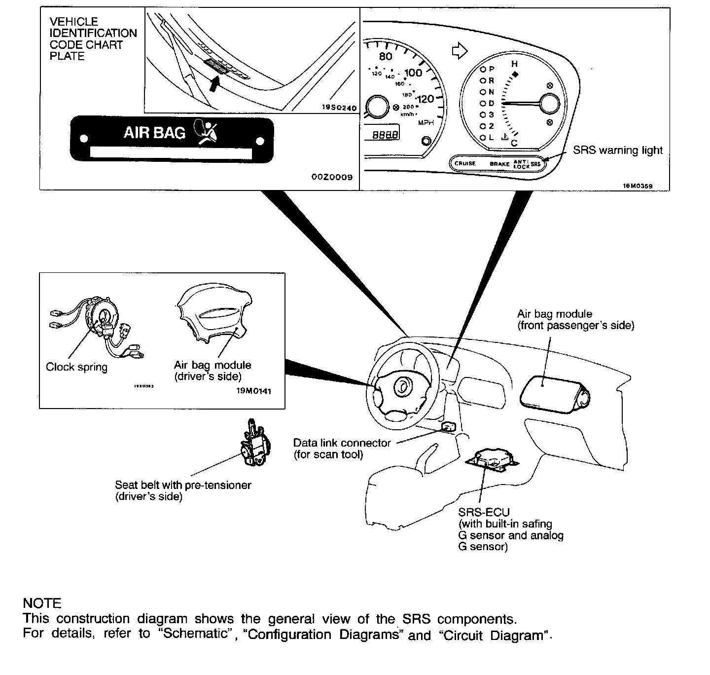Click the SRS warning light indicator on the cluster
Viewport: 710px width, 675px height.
click(x=536, y=163)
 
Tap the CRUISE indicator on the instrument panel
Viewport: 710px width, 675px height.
click(x=465, y=163)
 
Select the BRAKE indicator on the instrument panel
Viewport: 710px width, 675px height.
click(x=499, y=164)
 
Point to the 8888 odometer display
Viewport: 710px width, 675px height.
click(x=385, y=134)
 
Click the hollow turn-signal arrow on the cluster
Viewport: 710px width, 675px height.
click(x=459, y=50)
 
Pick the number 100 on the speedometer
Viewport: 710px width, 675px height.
click(x=413, y=73)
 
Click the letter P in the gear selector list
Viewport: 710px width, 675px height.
click(x=491, y=69)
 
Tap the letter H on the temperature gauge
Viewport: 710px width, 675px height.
click(x=514, y=64)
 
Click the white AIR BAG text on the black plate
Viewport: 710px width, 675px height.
click(x=154, y=133)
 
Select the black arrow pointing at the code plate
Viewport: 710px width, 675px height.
click(x=213, y=84)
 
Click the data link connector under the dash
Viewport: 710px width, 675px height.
click(x=448, y=426)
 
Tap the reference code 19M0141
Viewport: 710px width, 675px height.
click(x=253, y=391)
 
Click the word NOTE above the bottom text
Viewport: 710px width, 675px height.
click(x=42, y=603)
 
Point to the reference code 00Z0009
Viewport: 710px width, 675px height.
click(x=332, y=177)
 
